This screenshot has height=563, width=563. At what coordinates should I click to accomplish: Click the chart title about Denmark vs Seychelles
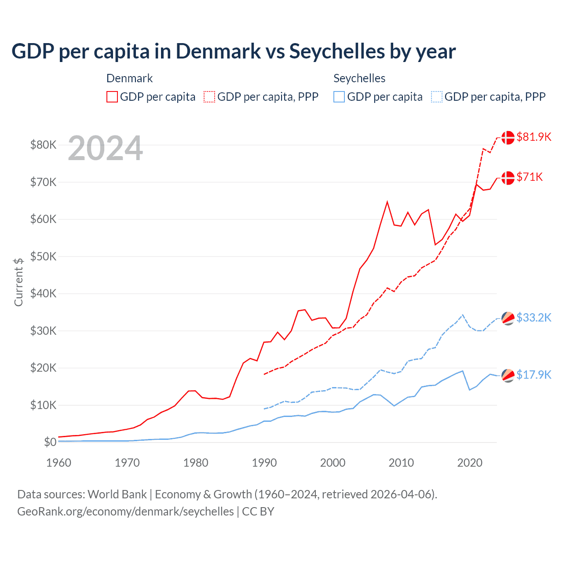[x=233, y=51]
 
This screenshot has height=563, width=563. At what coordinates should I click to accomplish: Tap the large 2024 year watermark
[x=105, y=149]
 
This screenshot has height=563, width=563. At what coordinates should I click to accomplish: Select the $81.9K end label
[x=534, y=137]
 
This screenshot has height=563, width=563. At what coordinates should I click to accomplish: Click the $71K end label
[x=530, y=177]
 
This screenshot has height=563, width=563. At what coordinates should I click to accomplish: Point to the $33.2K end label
[x=534, y=318]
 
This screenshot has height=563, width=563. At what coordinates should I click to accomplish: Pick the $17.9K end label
[x=534, y=375]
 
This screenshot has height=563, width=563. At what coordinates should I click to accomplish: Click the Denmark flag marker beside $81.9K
[x=508, y=137]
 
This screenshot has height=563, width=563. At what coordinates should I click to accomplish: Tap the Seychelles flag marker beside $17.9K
[x=508, y=375]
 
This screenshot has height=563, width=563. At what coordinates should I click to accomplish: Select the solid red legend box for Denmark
[x=112, y=97]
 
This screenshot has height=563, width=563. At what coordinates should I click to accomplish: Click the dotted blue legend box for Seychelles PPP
[x=437, y=97]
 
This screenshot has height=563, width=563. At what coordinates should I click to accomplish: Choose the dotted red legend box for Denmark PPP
[x=209, y=97]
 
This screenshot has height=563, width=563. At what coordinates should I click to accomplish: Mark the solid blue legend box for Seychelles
[x=339, y=97]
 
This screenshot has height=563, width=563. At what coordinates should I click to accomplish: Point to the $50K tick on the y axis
[x=43, y=256]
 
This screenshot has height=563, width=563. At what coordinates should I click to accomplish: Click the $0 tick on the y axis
[x=50, y=442]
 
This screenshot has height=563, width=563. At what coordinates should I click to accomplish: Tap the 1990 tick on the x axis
[x=264, y=463]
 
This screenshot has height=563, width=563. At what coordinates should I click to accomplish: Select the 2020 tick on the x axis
[x=470, y=463]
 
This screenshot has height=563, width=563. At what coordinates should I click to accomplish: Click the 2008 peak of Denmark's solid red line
[x=387, y=202]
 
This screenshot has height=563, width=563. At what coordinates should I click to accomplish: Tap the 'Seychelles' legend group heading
[x=359, y=78]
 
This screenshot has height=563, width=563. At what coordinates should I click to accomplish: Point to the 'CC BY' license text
[x=258, y=512]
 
